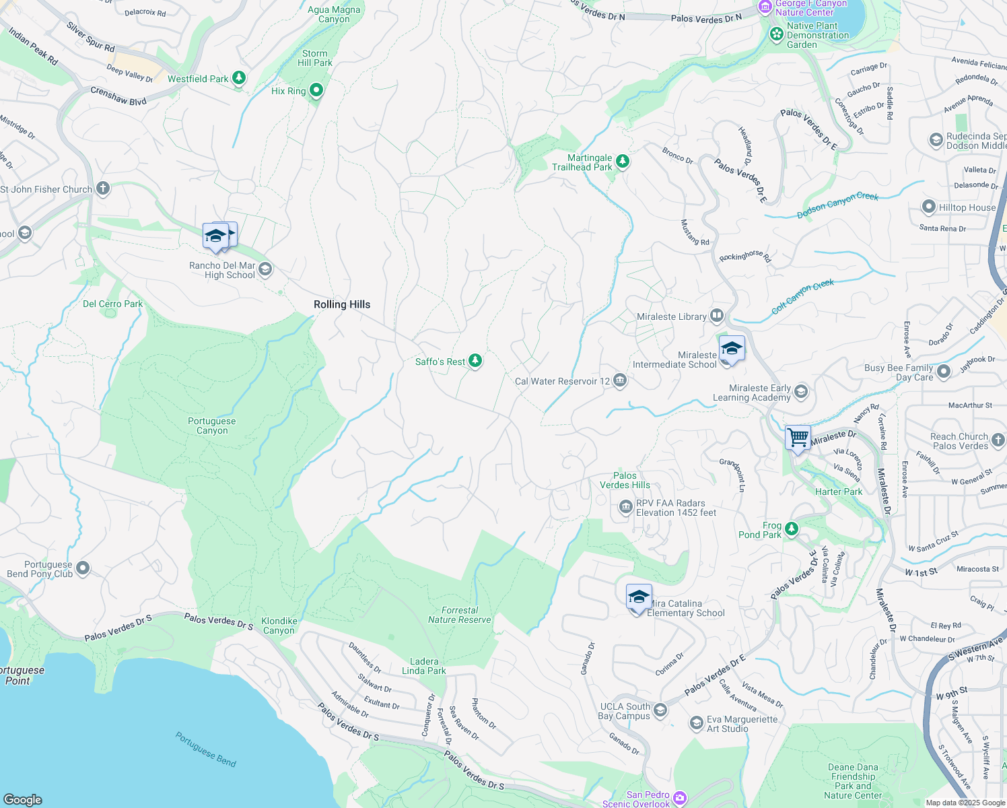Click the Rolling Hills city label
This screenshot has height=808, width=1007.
pyautogui.click(x=342, y=304)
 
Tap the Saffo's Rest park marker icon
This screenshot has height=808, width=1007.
pyautogui.click(x=475, y=361)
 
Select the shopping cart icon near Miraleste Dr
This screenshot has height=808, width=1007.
pyautogui.click(x=798, y=438)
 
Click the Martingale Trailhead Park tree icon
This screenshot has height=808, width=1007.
pyautogui.click(x=623, y=161)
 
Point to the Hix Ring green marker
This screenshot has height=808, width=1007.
pyautogui.click(x=316, y=90)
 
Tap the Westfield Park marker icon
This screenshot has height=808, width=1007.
pyautogui.click(x=238, y=78)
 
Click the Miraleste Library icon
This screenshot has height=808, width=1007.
pyautogui.click(x=717, y=316)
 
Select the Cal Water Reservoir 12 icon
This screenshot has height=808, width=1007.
pyautogui.click(x=620, y=381)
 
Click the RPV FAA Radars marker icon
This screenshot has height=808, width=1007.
pyautogui.click(x=625, y=506)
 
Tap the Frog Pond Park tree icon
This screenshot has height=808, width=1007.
pyautogui.click(x=792, y=529)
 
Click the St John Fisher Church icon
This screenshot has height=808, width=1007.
pyautogui.click(x=102, y=189)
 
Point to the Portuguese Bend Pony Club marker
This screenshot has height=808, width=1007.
pyautogui.click(x=83, y=568)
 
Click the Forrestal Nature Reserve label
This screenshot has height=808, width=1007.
pyautogui.click(x=460, y=615)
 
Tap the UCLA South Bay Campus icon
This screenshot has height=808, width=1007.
pyautogui.click(x=660, y=710)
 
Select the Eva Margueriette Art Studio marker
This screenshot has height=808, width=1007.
pyautogui.click(x=696, y=723)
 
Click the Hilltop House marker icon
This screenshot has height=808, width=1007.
pyautogui.click(x=929, y=207)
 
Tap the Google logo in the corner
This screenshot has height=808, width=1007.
pyautogui.click(x=23, y=799)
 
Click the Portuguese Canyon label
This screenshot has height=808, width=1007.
pyautogui.click(x=212, y=426)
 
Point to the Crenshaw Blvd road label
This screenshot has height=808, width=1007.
pyautogui.click(x=118, y=96)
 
